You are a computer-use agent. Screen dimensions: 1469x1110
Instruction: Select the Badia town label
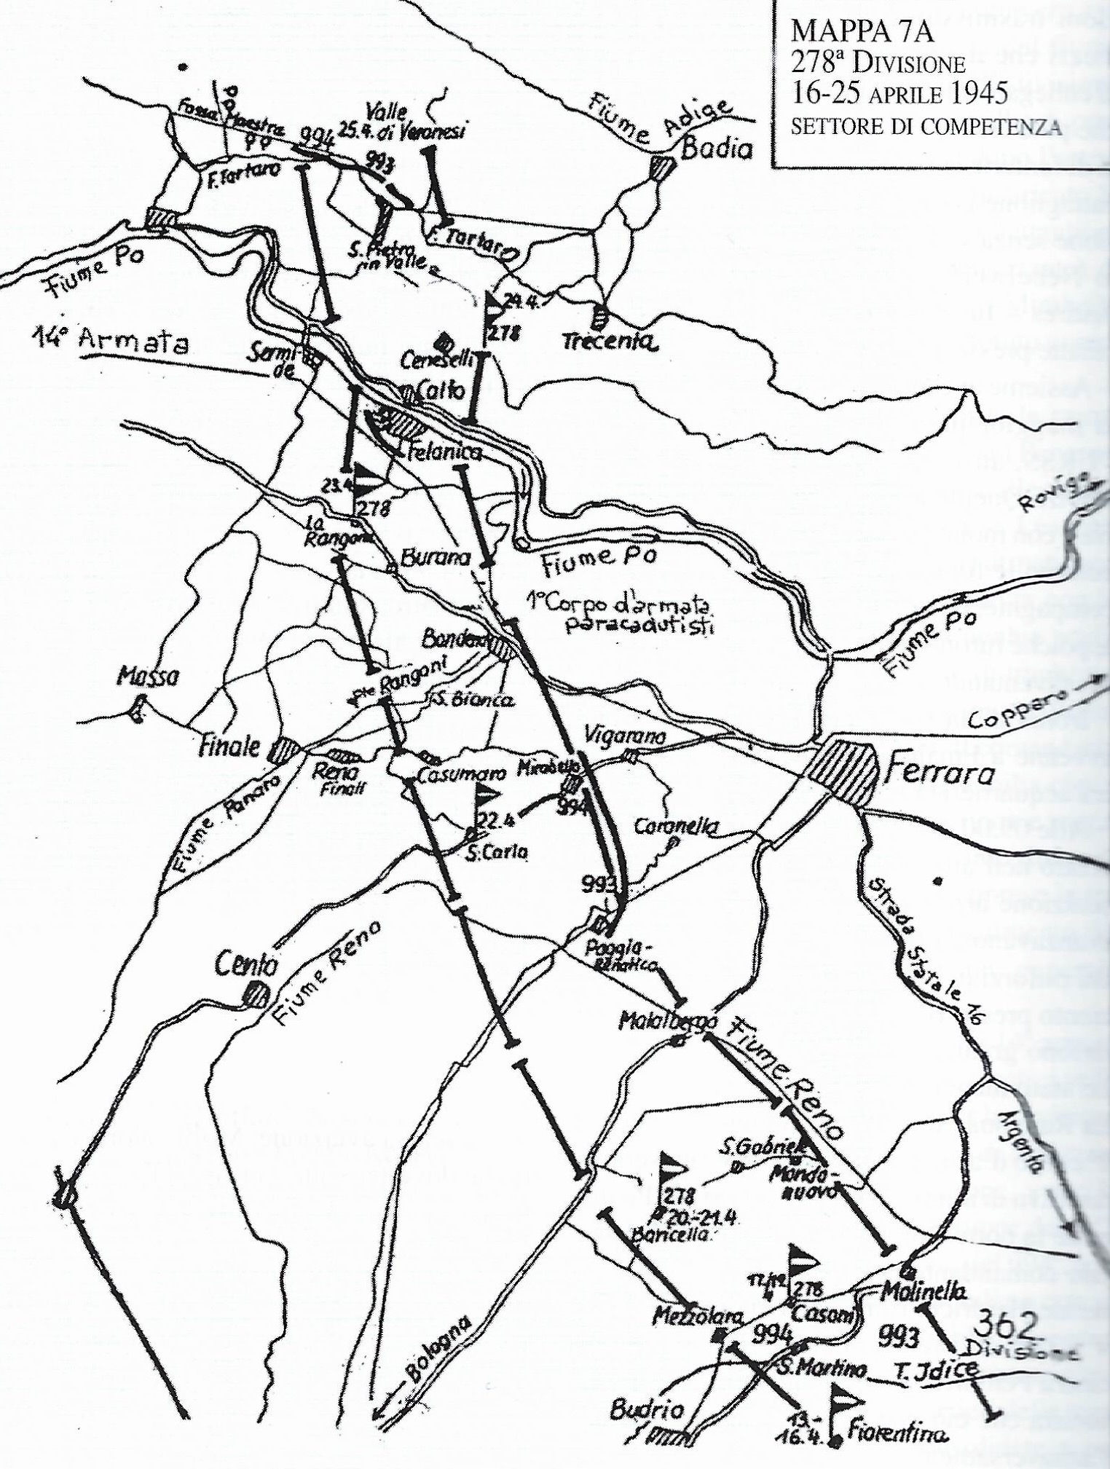point(715,150)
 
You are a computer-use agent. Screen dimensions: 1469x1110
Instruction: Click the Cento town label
point(246,966)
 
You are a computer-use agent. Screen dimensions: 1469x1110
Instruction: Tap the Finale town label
point(232,747)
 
